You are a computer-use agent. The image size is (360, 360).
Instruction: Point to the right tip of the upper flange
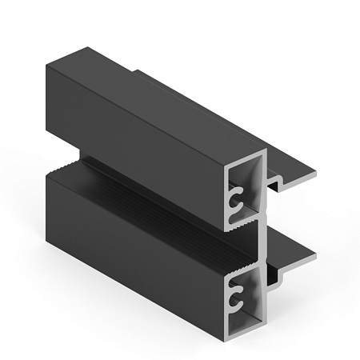[315, 174]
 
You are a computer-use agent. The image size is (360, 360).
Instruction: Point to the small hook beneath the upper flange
[274, 186]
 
